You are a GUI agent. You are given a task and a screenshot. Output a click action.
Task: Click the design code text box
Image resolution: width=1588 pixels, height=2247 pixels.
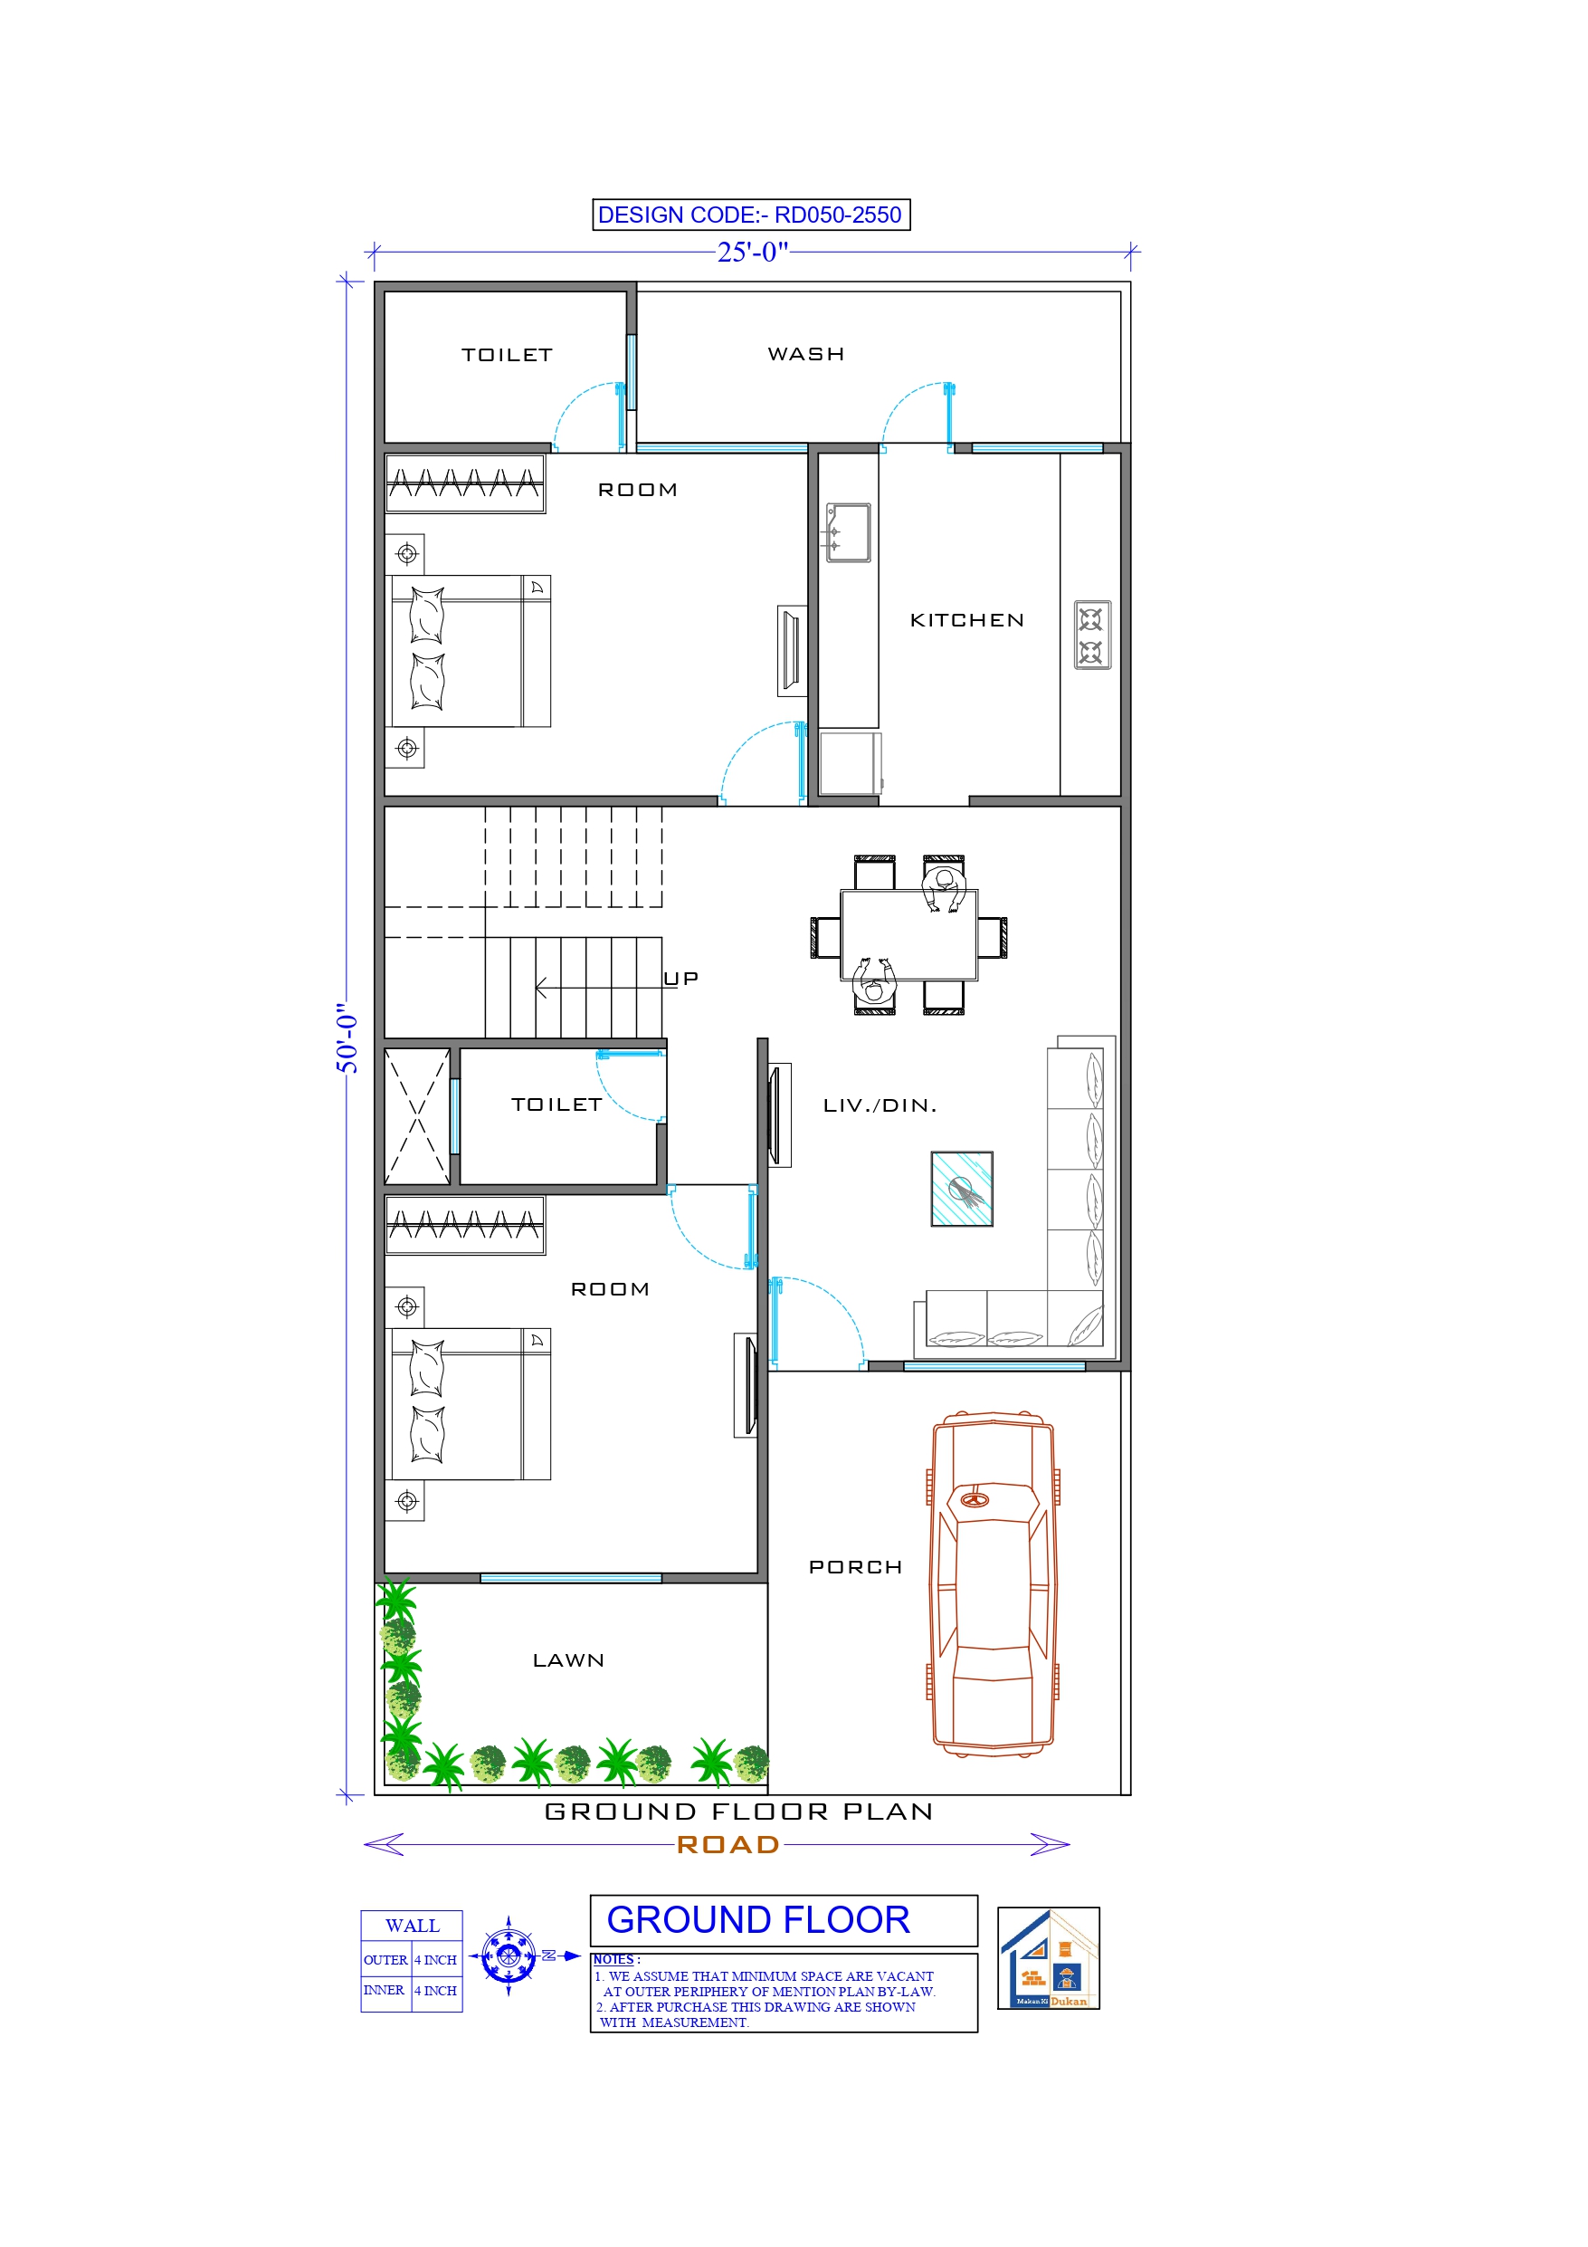(x=750, y=215)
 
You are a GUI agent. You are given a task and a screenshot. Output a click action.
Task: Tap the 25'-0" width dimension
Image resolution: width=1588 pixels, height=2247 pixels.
(x=751, y=253)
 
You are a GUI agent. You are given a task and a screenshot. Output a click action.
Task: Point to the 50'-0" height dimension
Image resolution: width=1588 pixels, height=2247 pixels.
(x=347, y=1037)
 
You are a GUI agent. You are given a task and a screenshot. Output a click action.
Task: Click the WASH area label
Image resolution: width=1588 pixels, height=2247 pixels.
(x=805, y=354)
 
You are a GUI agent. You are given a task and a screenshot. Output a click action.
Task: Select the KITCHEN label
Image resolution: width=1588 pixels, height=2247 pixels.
(x=966, y=620)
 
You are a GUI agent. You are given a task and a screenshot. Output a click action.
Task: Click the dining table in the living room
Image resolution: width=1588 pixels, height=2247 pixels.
(x=908, y=934)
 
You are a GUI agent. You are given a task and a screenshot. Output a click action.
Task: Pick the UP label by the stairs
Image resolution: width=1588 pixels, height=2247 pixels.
(x=681, y=979)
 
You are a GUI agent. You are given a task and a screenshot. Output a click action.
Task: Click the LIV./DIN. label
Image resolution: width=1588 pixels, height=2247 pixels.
(x=880, y=1106)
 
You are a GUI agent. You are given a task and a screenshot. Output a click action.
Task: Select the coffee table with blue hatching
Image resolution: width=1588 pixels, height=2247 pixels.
(x=962, y=1189)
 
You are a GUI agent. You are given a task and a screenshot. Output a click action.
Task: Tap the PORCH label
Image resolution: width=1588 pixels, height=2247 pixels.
(x=855, y=1568)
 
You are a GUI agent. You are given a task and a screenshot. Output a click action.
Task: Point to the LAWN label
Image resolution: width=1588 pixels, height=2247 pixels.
(x=568, y=1660)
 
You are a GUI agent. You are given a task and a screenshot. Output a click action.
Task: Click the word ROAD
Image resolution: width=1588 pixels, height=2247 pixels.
(x=728, y=1845)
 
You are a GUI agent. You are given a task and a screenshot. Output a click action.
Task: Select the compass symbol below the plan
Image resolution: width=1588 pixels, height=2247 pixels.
(x=509, y=1956)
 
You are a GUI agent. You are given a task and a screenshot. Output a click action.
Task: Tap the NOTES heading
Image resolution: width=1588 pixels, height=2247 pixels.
(x=614, y=1959)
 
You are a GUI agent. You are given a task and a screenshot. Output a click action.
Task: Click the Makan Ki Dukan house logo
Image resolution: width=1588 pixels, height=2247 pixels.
(x=1048, y=1957)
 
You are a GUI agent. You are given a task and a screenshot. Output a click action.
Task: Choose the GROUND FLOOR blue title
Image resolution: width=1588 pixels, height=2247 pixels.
(x=758, y=1920)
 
